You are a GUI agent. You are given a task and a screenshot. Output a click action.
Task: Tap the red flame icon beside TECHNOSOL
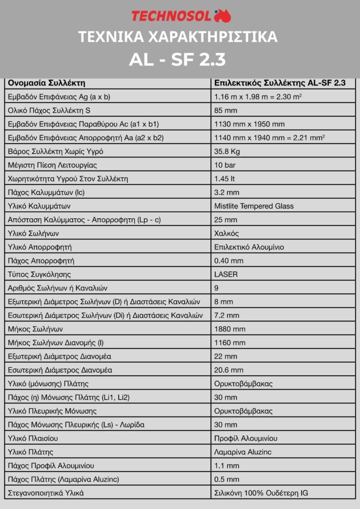click(223, 16)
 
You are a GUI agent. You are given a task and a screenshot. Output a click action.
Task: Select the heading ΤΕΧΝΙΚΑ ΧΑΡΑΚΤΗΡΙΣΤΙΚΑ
click(178, 37)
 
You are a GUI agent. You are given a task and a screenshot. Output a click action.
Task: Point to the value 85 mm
click(225, 110)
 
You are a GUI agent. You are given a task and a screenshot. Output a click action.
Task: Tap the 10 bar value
click(225, 165)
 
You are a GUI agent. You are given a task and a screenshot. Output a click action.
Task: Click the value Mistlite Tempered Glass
click(254, 206)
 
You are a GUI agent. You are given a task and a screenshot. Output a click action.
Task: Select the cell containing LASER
click(226, 274)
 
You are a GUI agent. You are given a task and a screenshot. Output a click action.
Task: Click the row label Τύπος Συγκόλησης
click(39, 274)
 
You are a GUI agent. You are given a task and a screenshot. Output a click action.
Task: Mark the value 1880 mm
click(229, 329)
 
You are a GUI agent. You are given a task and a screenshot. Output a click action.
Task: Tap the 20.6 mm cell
click(228, 370)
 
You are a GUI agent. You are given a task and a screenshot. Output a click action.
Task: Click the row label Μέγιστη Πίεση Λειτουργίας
click(53, 165)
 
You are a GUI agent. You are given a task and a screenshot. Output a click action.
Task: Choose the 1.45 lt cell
click(225, 178)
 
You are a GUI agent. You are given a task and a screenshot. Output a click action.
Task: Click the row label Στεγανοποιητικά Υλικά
click(46, 493)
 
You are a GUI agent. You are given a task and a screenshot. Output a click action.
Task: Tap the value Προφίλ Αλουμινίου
click(246, 438)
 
